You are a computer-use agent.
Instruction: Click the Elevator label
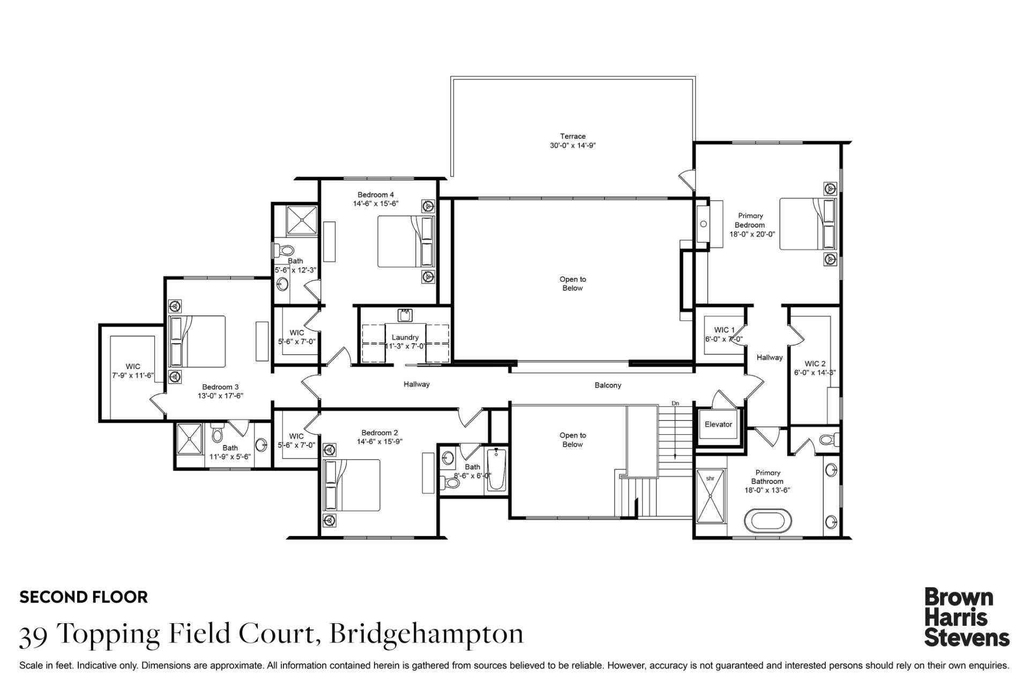718,425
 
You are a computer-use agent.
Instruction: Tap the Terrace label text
573,136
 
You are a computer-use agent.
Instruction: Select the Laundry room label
405,337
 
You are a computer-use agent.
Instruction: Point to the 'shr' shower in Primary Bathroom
710,496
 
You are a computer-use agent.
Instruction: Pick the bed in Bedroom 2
353,485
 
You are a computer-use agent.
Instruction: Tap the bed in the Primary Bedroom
808,224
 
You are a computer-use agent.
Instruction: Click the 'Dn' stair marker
675,403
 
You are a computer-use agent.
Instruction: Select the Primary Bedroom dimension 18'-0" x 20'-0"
752,234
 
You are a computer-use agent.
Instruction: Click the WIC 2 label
815,364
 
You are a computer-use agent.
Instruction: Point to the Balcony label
608,385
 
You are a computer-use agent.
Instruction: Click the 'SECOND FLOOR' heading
84,597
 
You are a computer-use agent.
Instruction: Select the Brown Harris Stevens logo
966,617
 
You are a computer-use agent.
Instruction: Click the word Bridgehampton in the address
427,634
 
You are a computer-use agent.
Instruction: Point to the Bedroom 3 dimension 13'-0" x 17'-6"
221,396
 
